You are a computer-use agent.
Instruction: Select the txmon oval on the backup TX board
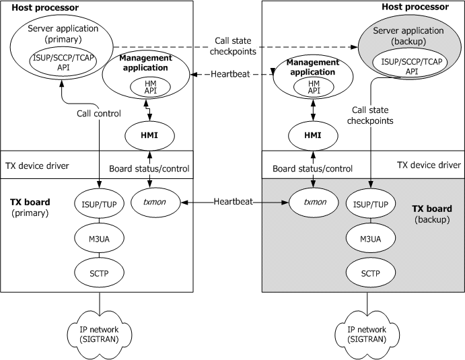pyautogui.click(x=312, y=201)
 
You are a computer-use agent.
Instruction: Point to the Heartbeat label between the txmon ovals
pyautogui.click(x=233, y=201)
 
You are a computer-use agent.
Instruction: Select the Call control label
pyautogui.click(x=99, y=114)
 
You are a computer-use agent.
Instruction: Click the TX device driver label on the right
pyautogui.click(x=429, y=164)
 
